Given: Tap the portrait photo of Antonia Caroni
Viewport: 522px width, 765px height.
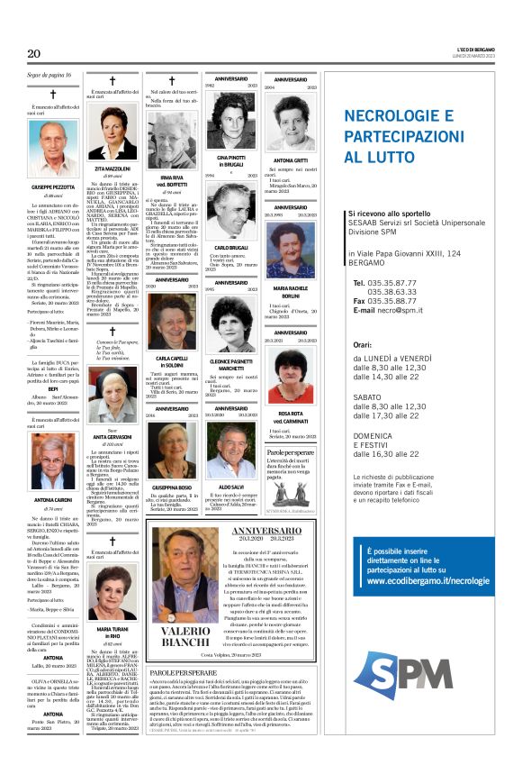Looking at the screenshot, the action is (x=53, y=460).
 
